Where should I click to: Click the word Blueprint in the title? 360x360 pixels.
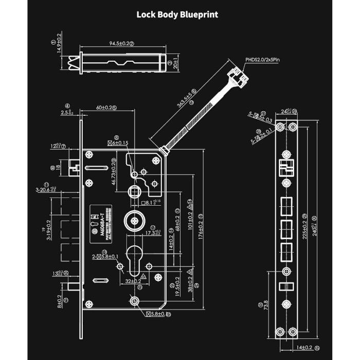coord(199,14)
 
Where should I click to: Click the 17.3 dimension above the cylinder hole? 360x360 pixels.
coord(152,233)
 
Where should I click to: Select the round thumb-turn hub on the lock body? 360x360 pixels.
coord(134,222)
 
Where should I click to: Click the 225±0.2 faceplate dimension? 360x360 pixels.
coord(303,226)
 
